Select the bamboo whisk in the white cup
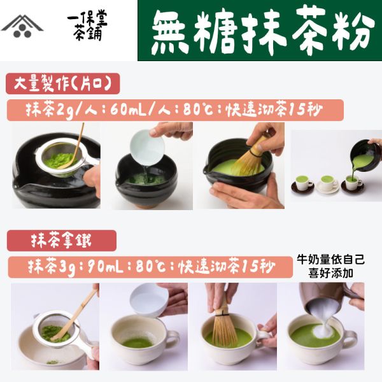pos(222,322)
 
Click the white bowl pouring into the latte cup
pos(148,300)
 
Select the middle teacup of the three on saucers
pos(328,182)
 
